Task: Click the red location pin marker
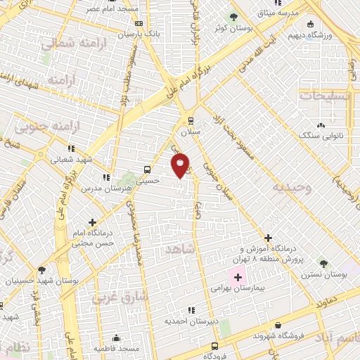pos(181,164)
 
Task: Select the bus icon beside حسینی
pos(147,169)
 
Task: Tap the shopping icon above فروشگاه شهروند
pos(279,326)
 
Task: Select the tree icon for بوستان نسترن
pos(323,262)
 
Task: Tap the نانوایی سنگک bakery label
pos(321,134)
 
